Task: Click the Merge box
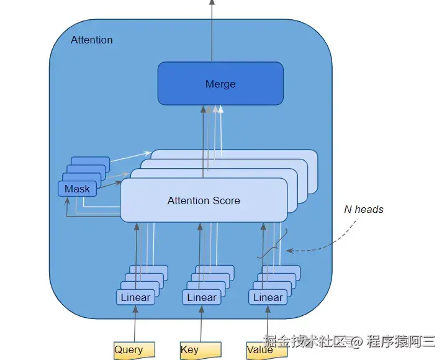(220, 84)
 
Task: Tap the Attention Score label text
(204, 200)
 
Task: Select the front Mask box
(77, 189)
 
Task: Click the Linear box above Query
(135, 297)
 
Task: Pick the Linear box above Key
(202, 297)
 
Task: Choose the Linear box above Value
(268, 297)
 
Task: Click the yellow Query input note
(134, 349)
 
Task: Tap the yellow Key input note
(201, 349)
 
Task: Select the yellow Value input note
(267, 349)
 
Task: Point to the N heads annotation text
(364, 210)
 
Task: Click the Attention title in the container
(91, 40)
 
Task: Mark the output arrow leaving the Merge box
(212, 30)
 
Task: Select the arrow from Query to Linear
(135, 323)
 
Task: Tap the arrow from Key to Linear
(201, 323)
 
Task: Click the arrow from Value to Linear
(268, 323)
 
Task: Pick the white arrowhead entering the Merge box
(220, 109)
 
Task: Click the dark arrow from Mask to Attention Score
(109, 185)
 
